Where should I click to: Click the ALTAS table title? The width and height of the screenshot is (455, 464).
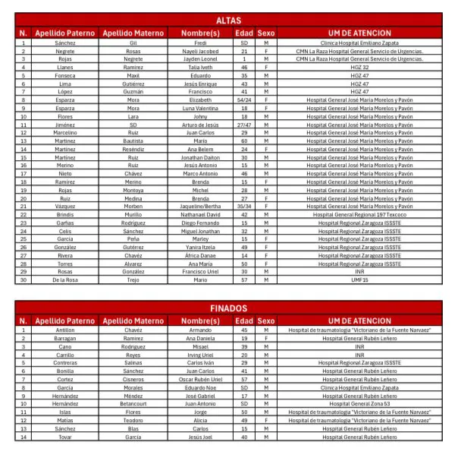[228, 21]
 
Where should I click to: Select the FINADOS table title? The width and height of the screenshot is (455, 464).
[228, 308]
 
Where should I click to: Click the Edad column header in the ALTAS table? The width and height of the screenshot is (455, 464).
[244, 33]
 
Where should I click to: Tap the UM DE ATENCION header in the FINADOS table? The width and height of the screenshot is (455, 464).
[359, 321]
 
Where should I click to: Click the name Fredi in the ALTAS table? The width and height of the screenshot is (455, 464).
[200, 43]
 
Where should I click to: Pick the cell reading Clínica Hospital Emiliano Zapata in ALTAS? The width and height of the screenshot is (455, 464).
[359, 43]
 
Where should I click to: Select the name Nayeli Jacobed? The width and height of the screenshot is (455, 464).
[200, 51]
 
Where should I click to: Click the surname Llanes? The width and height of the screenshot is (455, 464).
[64, 68]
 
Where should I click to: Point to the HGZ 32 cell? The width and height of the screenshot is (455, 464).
[359, 68]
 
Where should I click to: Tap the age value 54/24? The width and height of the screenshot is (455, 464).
[244, 99]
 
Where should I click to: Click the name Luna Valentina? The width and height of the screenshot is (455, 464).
[200, 108]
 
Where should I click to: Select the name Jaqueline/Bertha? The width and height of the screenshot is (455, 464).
[200, 206]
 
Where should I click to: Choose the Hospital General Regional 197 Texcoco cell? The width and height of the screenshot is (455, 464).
[359, 214]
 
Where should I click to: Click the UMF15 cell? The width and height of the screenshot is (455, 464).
[359, 279]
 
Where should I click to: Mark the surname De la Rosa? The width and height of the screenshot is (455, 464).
[64, 279]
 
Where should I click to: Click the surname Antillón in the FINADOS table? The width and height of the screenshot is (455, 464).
[64, 330]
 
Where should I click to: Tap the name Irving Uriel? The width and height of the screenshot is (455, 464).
[200, 355]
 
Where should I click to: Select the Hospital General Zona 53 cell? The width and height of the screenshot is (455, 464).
[359, 403]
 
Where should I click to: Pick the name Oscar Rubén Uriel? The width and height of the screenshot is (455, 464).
[200, 379]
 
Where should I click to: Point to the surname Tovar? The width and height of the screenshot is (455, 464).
[64, 437]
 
